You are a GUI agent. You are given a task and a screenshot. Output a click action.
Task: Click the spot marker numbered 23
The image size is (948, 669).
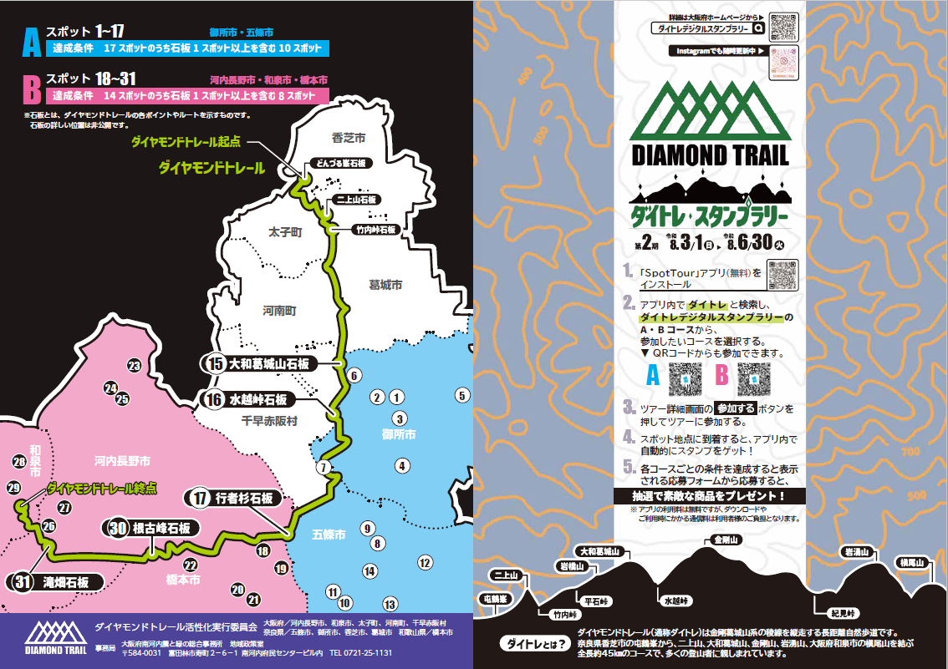pos(134,366)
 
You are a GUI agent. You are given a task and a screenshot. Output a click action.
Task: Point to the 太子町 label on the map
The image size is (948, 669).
pos(284,232)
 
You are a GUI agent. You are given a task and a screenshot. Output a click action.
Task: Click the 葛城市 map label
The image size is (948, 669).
pos(385,285)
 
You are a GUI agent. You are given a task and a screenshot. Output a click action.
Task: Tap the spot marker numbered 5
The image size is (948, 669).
pos(462,395)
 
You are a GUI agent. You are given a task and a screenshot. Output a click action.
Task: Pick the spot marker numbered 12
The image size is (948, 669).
pos(425,562)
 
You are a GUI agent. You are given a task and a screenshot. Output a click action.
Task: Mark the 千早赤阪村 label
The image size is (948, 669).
pos(268,422)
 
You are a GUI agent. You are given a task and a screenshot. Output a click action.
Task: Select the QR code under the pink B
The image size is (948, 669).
pos(756,378)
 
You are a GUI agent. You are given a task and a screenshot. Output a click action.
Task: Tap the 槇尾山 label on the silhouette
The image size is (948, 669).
pos(912,562)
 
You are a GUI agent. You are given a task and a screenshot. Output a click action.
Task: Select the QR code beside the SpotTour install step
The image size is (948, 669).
pos(782,274)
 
